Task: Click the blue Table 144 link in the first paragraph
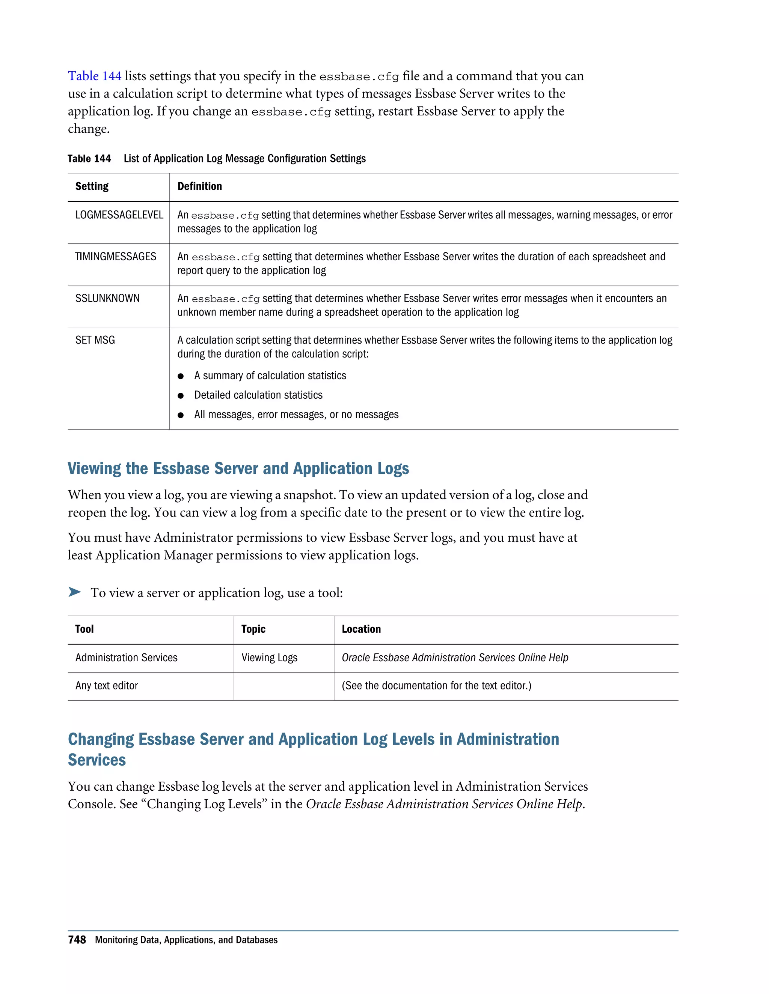tap(94, 76)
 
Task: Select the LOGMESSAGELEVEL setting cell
tap(119, 215)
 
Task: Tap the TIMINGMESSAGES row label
tap(116, 257)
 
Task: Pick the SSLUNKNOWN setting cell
tap(107, 299)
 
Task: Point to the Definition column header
tap(199, 186)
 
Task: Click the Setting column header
tap(92, 186)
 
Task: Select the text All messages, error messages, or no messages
tap(296, 414)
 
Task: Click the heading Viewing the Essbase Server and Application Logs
tap(238, 468)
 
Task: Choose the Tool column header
tap(84, 629)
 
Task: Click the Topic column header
tap(253, 629)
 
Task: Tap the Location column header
tap(361, 629)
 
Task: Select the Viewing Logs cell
tap(269, 658)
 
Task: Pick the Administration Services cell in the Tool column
tap(126, 658)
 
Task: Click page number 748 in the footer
tap(77, 940)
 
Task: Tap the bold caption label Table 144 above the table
tap(89, 158)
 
